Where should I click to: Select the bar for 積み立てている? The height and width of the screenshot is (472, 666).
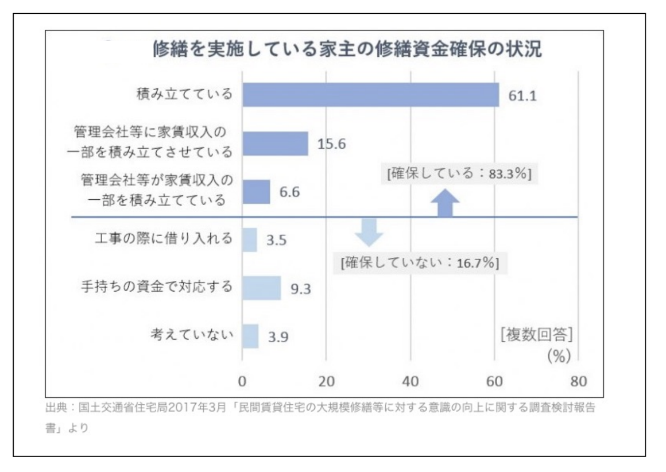pyautogui.click(x=371, y=95)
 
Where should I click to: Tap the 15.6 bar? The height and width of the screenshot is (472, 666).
pyautogui.click(x=275, y=144)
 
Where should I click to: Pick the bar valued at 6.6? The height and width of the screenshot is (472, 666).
pyautogui.click(x=256, y=192)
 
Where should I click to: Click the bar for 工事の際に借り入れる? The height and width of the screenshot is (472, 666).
pyautogui.click(x=250, y=240)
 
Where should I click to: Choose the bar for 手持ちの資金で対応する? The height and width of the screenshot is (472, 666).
pyautogui.click(x=262, y=288)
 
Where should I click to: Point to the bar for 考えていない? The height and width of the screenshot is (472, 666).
pyautogui.click(x=250, y=336)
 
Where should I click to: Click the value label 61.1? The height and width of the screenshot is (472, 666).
pyautogui.click(x=522, y=95)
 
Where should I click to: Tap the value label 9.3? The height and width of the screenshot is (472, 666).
pyautogui.click(x=300, y=289)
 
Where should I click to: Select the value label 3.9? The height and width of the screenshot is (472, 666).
pyautogui.click(x=278, y=337)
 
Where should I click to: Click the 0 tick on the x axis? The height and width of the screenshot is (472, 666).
pyautogui.click(x=242, y=381)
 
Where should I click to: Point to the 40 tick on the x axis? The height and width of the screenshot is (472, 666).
pyautogui.click(x=411, y=381)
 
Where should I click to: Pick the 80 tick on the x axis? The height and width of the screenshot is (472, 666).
pyautogui.click(x=579, y=381)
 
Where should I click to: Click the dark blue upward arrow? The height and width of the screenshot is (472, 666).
pyautogui.click(x=445, y=204)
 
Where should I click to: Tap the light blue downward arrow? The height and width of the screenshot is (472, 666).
pyautogui.click(x=369, y=233)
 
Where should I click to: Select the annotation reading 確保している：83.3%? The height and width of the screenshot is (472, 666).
pyautogui.click(x=459, y=173)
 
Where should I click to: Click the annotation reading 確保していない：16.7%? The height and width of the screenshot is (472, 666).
pyautogui.click(x=420, y=262)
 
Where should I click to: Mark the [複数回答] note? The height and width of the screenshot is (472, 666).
pyautogui.click(x=536, y=335)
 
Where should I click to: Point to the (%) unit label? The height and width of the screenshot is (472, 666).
pyautogui.click(x=559, y=355)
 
